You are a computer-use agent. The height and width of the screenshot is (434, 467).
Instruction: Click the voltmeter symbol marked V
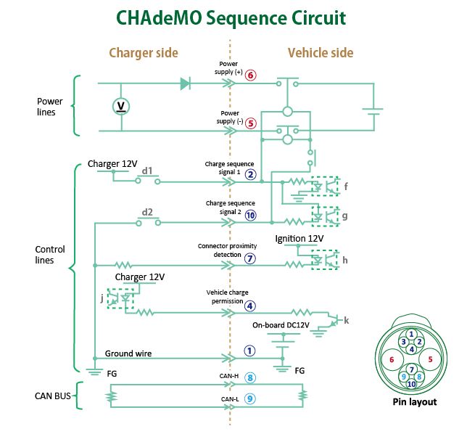[x=122, y=107]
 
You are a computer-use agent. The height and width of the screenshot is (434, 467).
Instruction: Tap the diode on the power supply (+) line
[x=186, y=83]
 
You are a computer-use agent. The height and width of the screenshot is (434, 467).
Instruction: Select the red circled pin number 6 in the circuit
[x=250, y=75]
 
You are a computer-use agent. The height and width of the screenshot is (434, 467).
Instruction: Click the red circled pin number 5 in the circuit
[x=250, y=123]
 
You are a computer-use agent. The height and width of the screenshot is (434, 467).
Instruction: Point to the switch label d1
[x=147, y=171]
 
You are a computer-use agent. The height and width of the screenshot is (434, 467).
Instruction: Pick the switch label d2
[x=147, y=212]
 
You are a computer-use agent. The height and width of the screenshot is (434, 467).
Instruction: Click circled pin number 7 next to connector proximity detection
[x=250, y=258]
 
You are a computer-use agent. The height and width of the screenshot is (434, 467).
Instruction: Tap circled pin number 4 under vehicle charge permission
[x=249, y=306]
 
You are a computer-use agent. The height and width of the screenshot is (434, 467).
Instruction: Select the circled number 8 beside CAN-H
[x=249, y=377]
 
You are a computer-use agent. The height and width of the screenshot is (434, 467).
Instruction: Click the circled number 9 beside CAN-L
[x=249, y=398]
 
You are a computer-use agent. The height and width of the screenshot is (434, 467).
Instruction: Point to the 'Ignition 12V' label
[x=299, y=238]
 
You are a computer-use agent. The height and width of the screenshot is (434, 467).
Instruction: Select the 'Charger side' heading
[x=143, y=53]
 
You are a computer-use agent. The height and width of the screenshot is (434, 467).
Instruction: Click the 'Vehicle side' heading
[x=321, y=53]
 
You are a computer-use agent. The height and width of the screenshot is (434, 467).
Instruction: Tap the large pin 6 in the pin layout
[x=392, y=359]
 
